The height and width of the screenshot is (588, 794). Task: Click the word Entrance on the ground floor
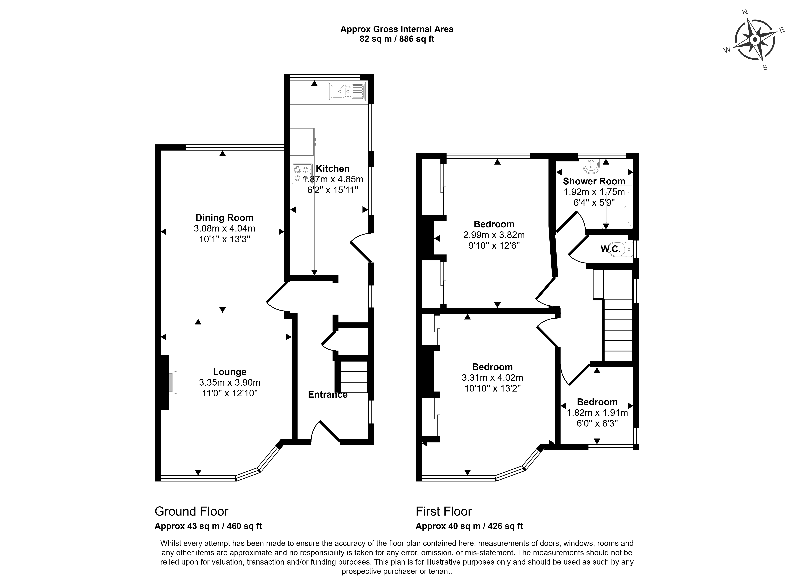(x=327, y=394)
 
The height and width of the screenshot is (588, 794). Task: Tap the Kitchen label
(x=333, y=168)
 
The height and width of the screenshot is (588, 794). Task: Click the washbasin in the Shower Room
(x=591, y=165)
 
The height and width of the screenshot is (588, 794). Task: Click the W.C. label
(x=610, y=249)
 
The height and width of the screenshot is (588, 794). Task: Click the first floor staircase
(x=618, y=329)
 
